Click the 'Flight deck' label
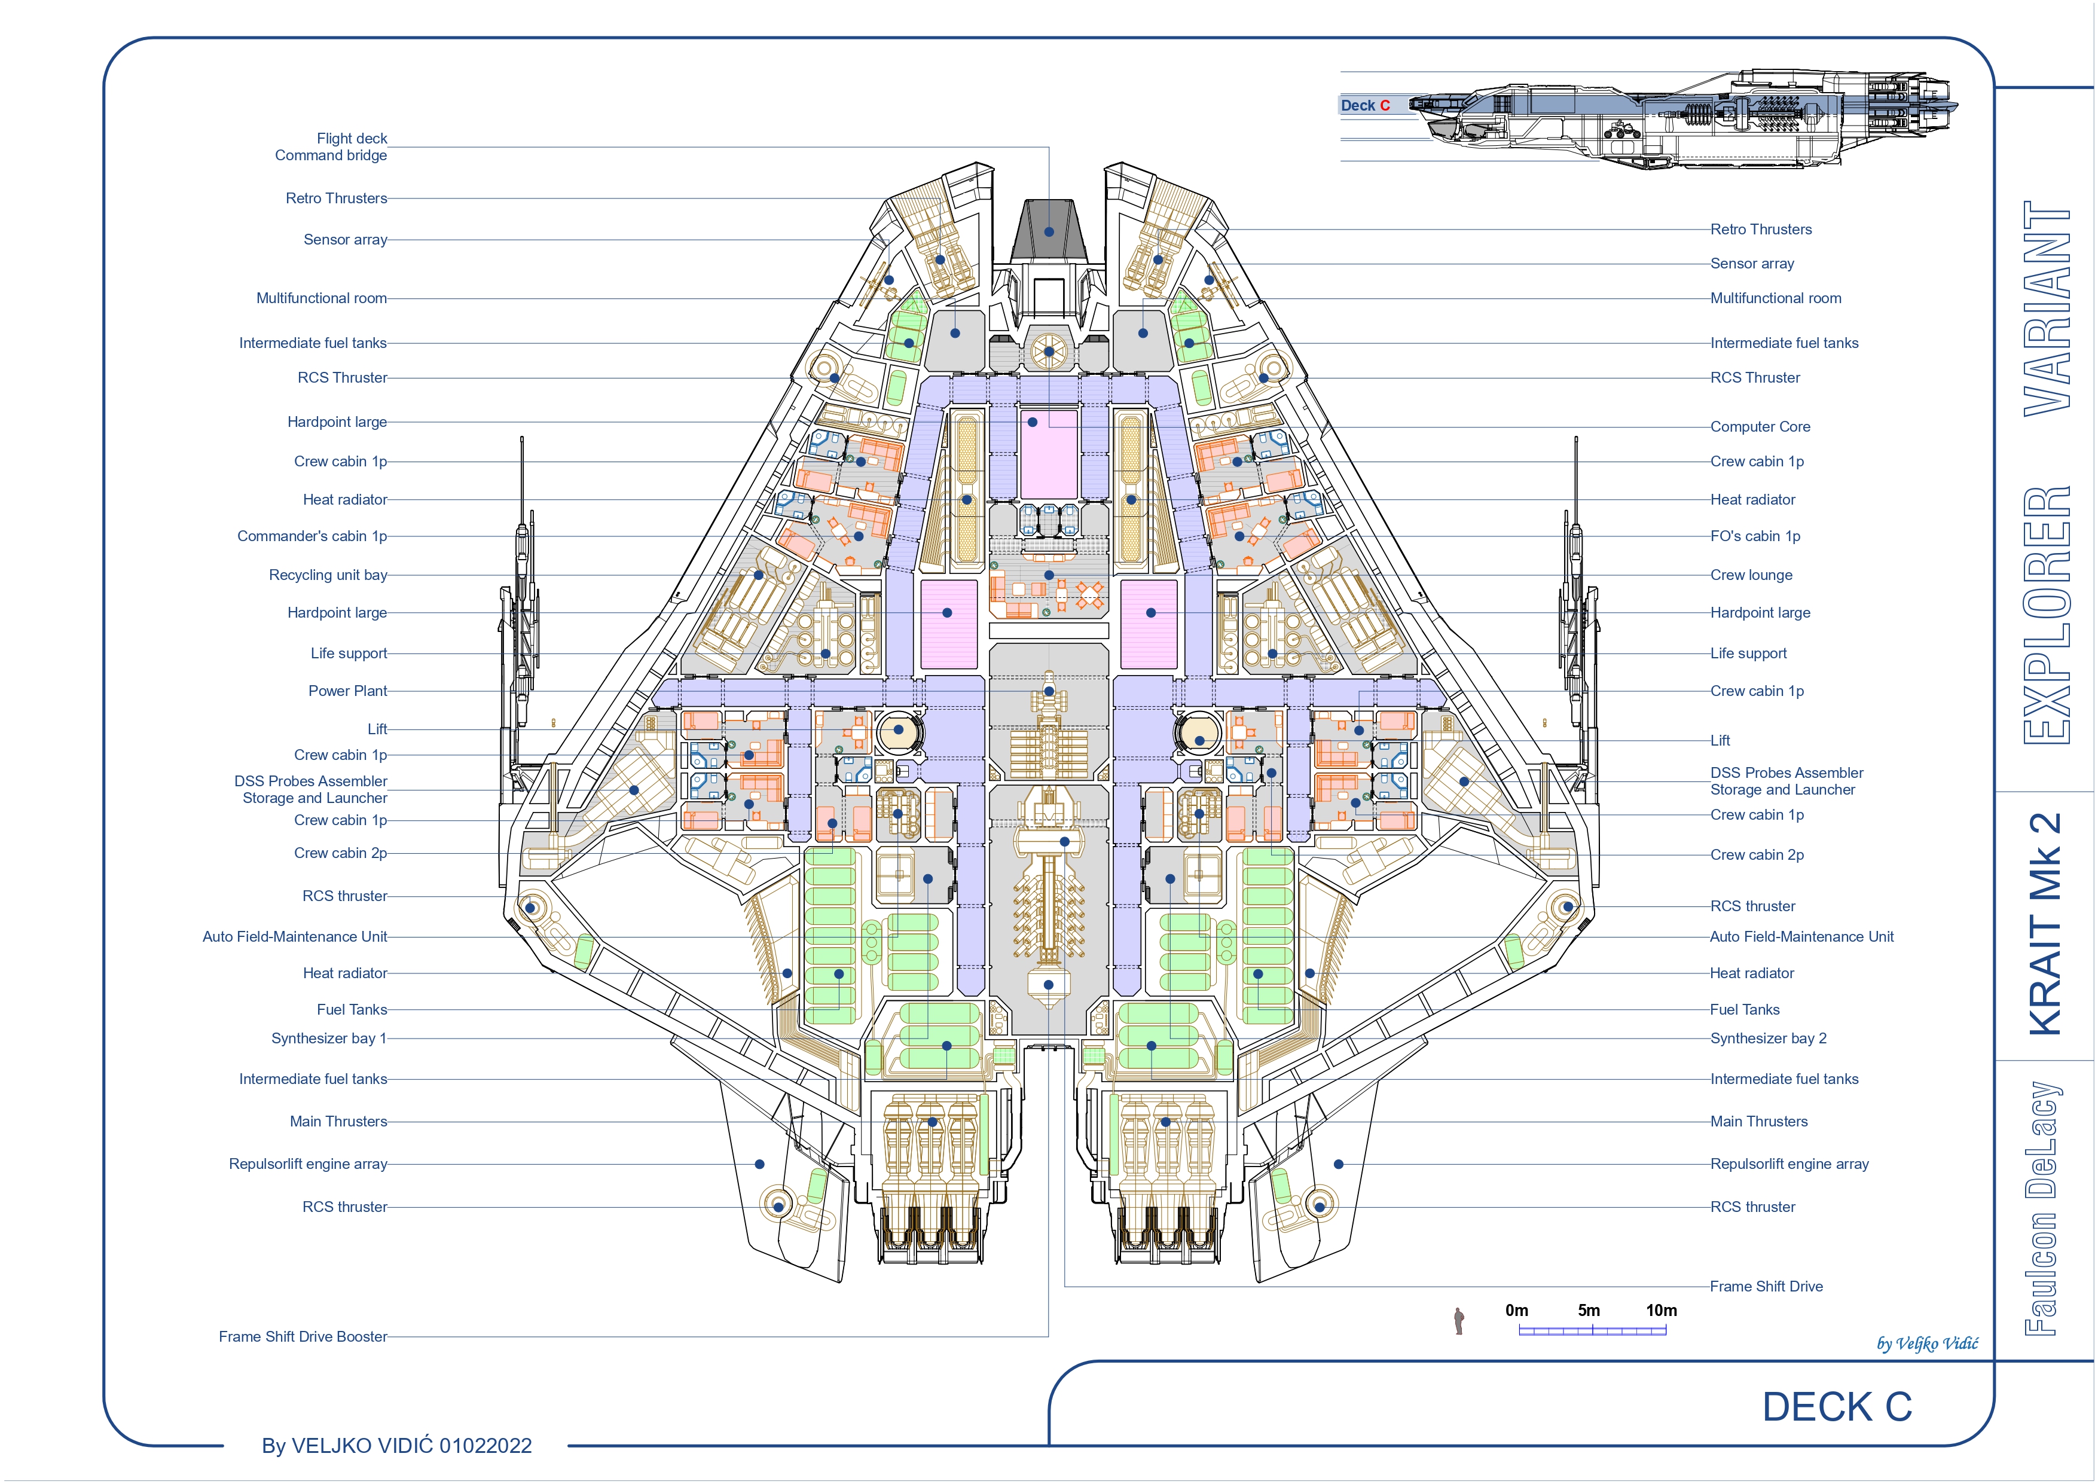(352, 139)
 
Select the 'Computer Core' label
(1760, 427)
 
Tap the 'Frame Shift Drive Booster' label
(303, 1337)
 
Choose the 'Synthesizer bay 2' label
(1768, 1039)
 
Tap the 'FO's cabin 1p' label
(1754, 536)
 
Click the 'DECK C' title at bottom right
(1837, 1407)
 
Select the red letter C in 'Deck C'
(1384, 106)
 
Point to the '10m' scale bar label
(1661, 1311)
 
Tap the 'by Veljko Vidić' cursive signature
(1927, 1343)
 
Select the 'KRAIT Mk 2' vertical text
(2046, 924)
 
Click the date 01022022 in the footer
(485, 1446)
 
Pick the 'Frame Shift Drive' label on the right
(1766, 1287)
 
